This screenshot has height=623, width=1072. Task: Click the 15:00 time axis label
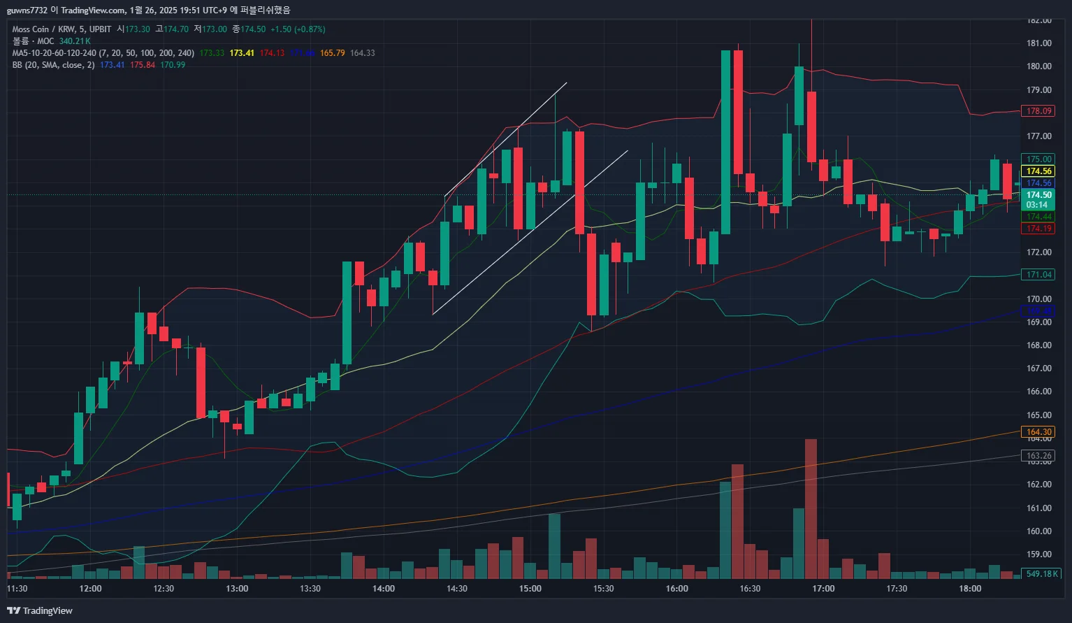(530, 589)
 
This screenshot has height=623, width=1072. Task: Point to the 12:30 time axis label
(164, 589)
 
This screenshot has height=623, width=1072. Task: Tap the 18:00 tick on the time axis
(970, 589)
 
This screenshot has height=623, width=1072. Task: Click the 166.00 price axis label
(1038, 392)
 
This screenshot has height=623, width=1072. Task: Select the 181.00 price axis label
(1038, 43)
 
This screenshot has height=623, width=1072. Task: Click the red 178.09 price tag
(1038, 111)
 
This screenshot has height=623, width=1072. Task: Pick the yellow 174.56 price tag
(1038, 171)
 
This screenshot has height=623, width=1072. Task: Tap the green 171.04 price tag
(1038, 275)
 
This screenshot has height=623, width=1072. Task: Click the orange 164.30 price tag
(1038, 432)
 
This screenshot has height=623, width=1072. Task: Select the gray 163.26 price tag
(1038, 456)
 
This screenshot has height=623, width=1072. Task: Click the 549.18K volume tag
(1041, 574)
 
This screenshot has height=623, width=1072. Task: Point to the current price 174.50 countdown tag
(1038, 200)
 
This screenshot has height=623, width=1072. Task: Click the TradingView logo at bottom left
(40, 611)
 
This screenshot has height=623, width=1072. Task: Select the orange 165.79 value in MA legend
(332, 53)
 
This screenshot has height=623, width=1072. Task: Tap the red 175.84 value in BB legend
(143, 65)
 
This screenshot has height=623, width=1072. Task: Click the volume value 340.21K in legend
(75, 41)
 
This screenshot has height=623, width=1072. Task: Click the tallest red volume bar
(811, 508)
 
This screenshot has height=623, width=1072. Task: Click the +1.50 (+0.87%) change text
(298, 29)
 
